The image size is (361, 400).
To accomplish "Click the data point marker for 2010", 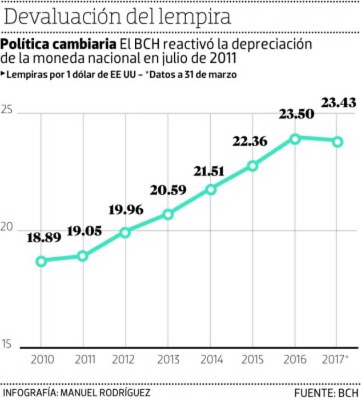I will pyautogui.click(x=41, y=261).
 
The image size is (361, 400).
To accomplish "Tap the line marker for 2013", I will pyautogui.click(x=168, y=215).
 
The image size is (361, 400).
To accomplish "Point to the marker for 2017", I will pyautogui.click(x=337, y=142).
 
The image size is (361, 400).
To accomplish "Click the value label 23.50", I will pyautogui.click(x=297, y=114).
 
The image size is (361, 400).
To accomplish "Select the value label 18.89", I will pyautogui.click(x=44, y=238).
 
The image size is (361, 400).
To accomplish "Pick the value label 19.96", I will pyautogui.click(x=126, y=209).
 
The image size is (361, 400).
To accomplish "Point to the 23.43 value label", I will pyautogui.click(x=339, y=103).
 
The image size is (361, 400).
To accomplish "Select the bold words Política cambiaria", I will pyautogui.click(x=59, y=45).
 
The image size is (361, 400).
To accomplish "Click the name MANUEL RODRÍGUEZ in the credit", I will pyautogui.click(x=105, y=393).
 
